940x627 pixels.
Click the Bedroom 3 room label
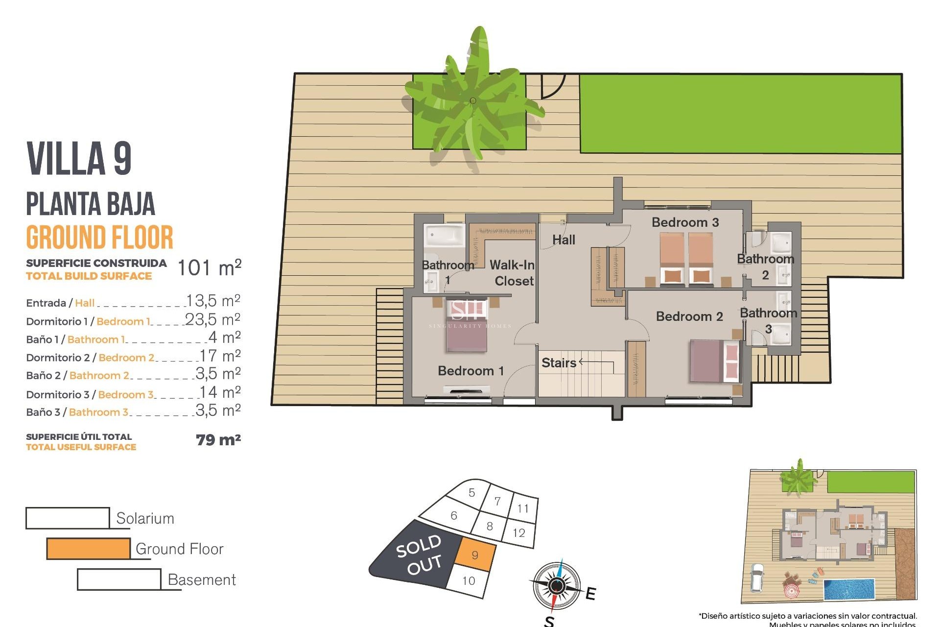[x=685, y=222]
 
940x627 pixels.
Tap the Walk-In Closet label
[x=512, y=273]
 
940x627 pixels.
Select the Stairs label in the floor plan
[x=559, y=363]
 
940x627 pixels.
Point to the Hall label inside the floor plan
[x=564, y=240]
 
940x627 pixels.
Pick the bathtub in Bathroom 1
[x=444, y=236]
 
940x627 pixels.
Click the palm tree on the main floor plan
[x=472, y=100]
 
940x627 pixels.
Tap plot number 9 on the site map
[x=475, y=555]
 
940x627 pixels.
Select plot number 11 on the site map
[x=523, y=508]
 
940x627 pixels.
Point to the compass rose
[x=556, y=585]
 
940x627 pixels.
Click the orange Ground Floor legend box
[x=89, y=549]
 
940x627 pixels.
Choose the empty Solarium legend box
[x=68, y=518]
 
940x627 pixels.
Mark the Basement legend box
[x=119, y=579]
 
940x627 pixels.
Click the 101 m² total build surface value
[x=209, y=268]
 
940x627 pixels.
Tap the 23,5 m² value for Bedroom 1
[x=212, y=319]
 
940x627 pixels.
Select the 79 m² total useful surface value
[x=218, y=440]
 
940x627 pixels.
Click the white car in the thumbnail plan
[x=757, y=577]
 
